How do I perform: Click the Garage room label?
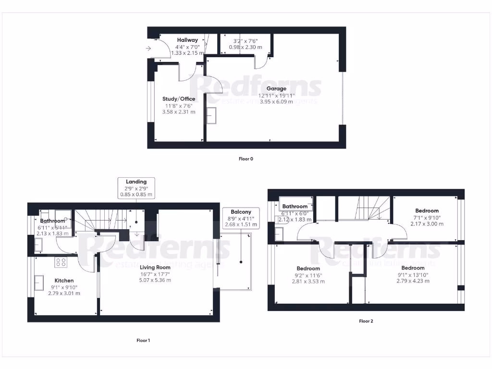(276, 89)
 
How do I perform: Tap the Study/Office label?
(179, 99)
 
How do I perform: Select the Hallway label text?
(187, 40)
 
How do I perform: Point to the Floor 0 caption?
(246, 159)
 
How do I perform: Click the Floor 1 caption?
(143, 341)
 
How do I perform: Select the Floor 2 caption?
(366, 321)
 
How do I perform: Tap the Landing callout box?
(136, 188)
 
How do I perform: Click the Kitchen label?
(64, 281)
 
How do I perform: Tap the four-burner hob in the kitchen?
(61, 262)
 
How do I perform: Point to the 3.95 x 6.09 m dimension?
(276, 102)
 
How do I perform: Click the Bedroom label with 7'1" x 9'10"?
(427, 211)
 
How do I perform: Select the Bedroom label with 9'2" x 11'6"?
(308, 269)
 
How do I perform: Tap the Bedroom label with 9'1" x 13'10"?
(413, 268)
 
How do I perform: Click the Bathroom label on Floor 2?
(295, 207)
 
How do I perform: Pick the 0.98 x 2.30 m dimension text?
(245, 47)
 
